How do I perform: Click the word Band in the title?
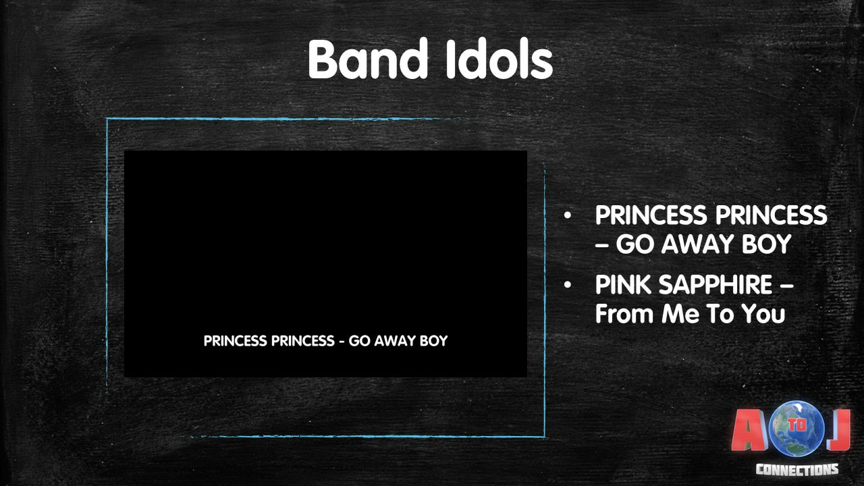point(368,59)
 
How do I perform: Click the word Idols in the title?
point(500,59)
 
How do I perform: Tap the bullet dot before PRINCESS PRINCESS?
point(567,215)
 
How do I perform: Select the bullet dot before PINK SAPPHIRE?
point(567,285)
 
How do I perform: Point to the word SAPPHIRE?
point(715,285)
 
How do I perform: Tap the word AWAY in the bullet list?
point(697,244)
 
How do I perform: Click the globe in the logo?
point(797,429)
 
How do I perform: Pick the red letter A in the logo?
point(749,430)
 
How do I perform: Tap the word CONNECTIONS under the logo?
point(797,470)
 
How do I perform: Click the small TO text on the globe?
point(798,425)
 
